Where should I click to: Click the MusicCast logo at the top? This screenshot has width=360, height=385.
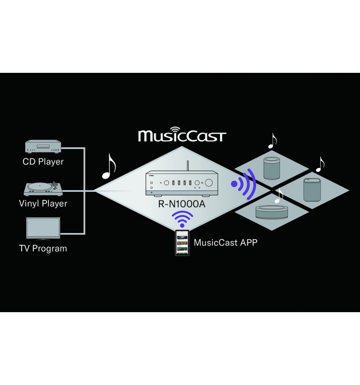(x=182, y=134)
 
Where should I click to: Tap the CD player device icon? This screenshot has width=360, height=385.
(x=43, y=146)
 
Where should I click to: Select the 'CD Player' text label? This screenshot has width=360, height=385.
(x=43, y=162)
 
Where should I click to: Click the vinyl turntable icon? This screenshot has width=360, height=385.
(x=43, y=189)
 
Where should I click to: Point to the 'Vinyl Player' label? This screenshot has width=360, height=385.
(x=43, y=204)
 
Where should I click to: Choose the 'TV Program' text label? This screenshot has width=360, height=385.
(x=43, y=248)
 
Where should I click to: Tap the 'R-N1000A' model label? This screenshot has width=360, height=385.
(x=182, y=204)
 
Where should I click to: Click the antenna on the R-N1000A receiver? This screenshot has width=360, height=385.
(x=188, y=166)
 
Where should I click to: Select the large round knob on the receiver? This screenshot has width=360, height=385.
(x=208, y=182)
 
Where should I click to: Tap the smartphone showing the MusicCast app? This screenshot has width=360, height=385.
(x=182, y=243)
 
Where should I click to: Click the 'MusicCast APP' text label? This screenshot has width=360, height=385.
(x=226, y=243)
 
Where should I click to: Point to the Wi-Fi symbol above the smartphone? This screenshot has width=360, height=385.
(x=182, y=219)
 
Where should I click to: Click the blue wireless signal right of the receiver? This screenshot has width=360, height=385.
(x=244, y=184)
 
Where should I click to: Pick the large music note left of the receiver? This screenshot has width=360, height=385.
(x=109, y=166)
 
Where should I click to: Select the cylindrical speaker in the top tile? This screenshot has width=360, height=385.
(x=272, y=168)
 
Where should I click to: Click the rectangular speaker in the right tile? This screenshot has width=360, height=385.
(x=312, y=190)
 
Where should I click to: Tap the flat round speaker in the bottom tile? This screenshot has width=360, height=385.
(x=272, y=212)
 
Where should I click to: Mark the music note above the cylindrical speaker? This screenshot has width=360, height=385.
(x=272, y=141)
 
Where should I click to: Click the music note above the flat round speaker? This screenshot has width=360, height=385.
(x=279, y=195)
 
